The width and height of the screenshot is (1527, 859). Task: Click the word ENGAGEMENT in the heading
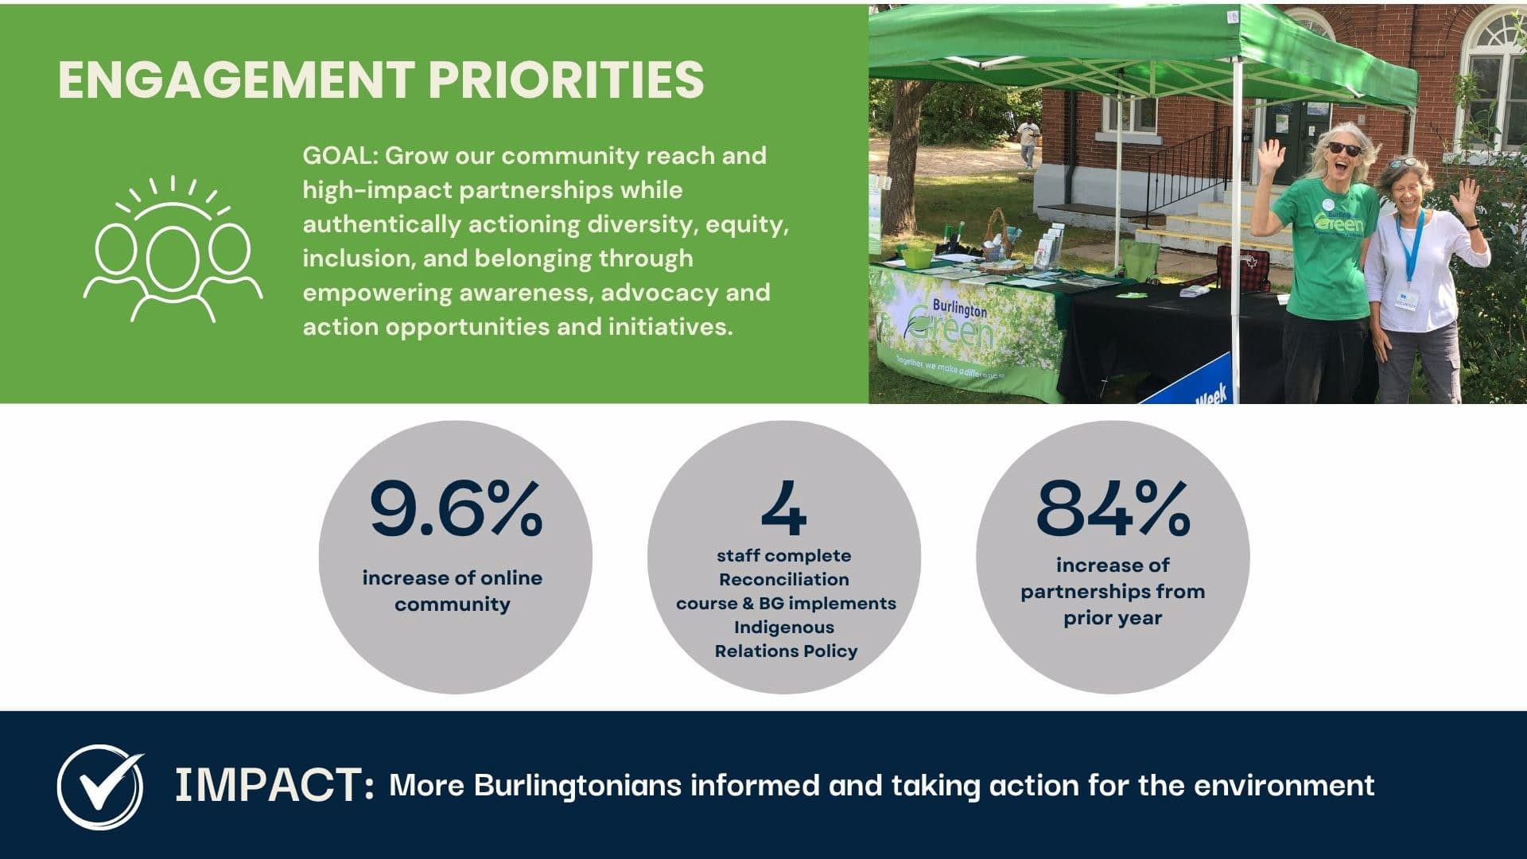(235, 80)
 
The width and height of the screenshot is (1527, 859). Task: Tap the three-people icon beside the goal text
(173, 249)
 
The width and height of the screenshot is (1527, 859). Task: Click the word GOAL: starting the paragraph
(340, 155)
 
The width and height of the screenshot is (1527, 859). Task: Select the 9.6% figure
(456, 508)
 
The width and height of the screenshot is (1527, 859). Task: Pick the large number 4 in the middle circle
(783, 509)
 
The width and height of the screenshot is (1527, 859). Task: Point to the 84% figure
(1113, 508)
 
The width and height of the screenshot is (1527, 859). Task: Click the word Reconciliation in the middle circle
(784, 580)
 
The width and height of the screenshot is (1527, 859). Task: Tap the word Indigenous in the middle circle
(784, 628)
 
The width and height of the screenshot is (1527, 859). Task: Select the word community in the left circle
(453, 604)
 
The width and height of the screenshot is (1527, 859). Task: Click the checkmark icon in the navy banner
(100, 787)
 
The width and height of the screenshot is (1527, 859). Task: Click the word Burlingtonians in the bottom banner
(578, 786)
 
